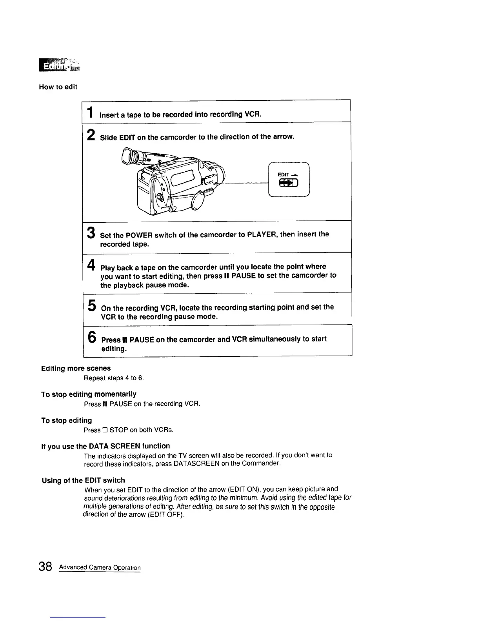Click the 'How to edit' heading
coord(58,87)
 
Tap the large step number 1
coord(90,112)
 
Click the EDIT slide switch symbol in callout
coord(289,183)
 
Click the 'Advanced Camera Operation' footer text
coord(100,568)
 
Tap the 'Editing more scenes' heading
coord(76,368)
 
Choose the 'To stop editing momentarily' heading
coord(89,394)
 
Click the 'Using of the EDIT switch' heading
coord(83,480)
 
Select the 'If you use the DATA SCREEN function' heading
coord(105,446)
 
